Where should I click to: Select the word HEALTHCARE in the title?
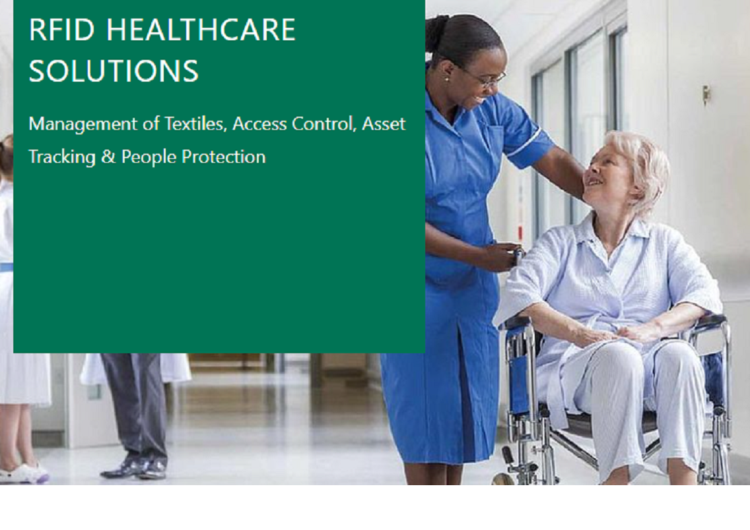coord(201,30)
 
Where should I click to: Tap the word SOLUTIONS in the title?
coord(114,71)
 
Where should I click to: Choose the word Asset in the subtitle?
coord(384,124)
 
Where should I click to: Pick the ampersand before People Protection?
coord(108,157)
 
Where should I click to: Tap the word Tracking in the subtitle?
coord(62,158)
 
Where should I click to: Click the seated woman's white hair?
coord(641,167)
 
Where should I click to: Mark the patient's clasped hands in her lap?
coord(617,332)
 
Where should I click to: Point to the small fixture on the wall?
coord(706,94)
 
